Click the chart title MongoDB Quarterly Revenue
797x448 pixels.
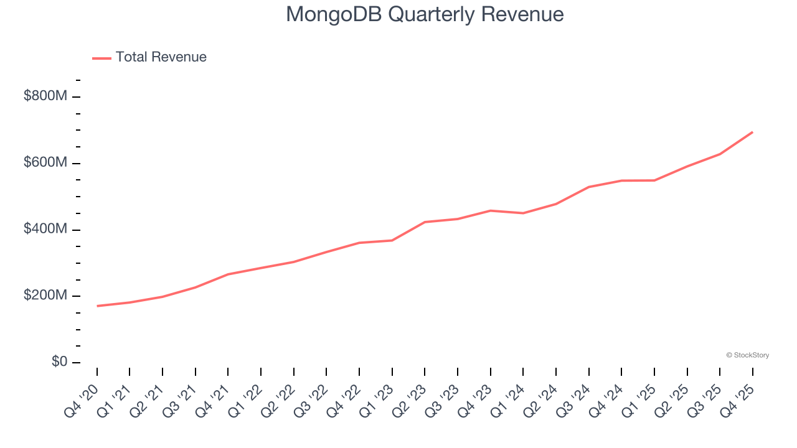coord(425,14)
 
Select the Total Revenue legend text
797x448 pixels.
coord(161,57)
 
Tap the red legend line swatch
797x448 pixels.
coord(101,58)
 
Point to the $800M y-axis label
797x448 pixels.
coord(45,96)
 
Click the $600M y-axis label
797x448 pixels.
coord(45,163)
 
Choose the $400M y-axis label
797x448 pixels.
coord(45,230)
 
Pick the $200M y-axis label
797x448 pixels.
coord(45,296)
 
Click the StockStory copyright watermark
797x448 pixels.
coord(747,355)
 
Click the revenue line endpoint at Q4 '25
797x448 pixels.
coord(752,132)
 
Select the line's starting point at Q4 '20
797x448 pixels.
coord(97,306)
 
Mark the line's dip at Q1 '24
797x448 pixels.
coord(523,213)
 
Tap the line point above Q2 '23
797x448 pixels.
coord(425,222)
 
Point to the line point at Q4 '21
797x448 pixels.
coord(228,274)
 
